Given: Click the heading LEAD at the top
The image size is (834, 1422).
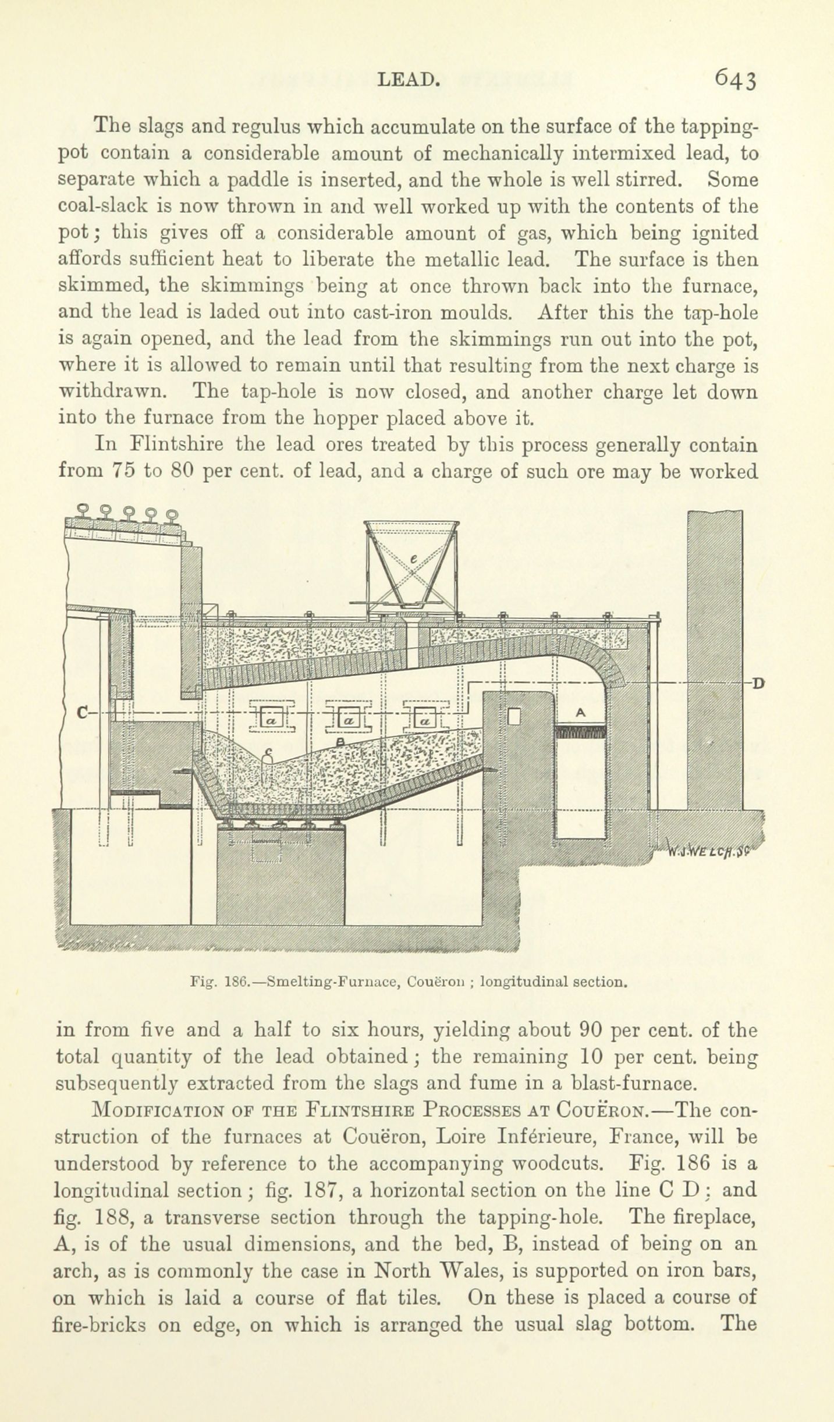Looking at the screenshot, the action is pos(407,79).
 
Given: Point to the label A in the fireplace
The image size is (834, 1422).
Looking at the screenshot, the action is pos(580,712).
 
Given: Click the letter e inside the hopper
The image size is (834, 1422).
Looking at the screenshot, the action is pos(414,559).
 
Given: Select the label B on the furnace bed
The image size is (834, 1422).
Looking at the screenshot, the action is pos(342,739).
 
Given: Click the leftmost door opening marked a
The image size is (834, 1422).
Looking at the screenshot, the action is pos(272,720).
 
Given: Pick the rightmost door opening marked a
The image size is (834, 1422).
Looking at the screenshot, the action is pos(425,720).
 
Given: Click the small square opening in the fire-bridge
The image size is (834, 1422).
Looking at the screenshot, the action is pos(514,716).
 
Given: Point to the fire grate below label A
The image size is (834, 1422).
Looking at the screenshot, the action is pos(581,731).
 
